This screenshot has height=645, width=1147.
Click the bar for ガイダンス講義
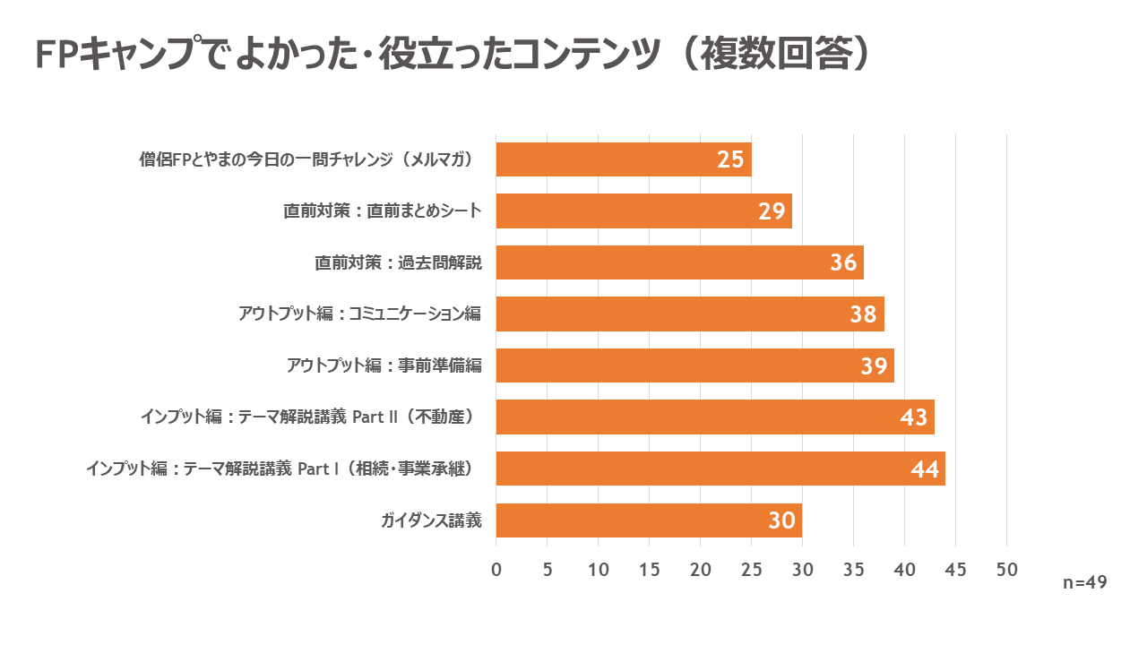click(649, 520)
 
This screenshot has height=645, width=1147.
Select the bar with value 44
click(720, 469)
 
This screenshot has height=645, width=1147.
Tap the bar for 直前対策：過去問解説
click(679, 262)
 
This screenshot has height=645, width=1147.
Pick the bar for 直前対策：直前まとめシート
click(643, 211)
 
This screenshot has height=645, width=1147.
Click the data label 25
click(730, 159)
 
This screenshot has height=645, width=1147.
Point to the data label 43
click(913, 417)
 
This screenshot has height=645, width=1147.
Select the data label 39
click(873, 365)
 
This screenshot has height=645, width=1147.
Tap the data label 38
click(863, 314)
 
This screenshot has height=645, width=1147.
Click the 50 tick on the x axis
click(1007, 570)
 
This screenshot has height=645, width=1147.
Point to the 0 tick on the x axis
click(496, 570)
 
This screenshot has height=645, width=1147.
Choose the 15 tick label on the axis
click(650, 570)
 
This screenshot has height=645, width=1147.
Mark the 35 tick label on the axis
click(854, 570)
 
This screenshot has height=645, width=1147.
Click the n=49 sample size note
click(1085, 582)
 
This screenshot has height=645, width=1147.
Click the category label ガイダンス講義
click(431, 520)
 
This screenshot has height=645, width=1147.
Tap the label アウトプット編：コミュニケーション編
click(359, 314)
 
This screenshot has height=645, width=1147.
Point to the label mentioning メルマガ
click(306, 159)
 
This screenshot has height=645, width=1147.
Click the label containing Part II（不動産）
click(306, 417)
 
